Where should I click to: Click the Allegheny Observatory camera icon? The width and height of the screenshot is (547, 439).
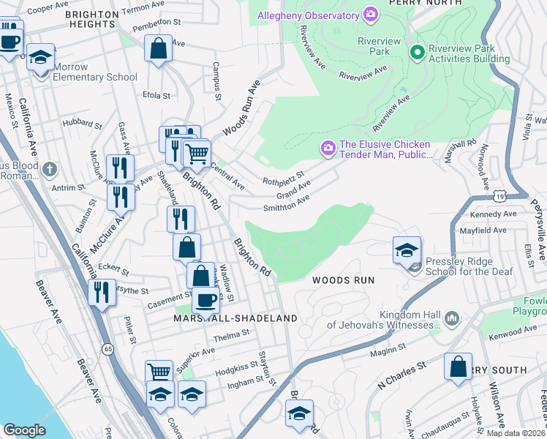[x=371, y=14]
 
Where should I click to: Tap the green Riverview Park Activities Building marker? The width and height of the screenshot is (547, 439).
[x=418, y=51]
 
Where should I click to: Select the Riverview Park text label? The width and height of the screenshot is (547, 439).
[x=379, y=47]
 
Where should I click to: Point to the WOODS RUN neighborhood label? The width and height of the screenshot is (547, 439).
[x=343, y=280]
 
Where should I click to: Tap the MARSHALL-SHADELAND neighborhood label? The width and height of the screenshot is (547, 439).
[x=235, y=318]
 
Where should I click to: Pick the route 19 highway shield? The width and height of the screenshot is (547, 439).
[x=499, y=196]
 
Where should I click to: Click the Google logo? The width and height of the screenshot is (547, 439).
[x=25, y=430]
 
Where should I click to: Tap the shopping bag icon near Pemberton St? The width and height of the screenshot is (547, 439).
[x=158, y=49]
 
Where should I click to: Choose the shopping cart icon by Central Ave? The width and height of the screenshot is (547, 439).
[x=196, y=154]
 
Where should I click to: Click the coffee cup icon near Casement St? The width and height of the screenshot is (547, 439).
[x=205, y=299]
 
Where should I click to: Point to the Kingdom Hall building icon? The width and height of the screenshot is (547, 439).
[x=451, y=318]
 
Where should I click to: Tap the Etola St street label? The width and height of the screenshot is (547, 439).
[x=156, y=95]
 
